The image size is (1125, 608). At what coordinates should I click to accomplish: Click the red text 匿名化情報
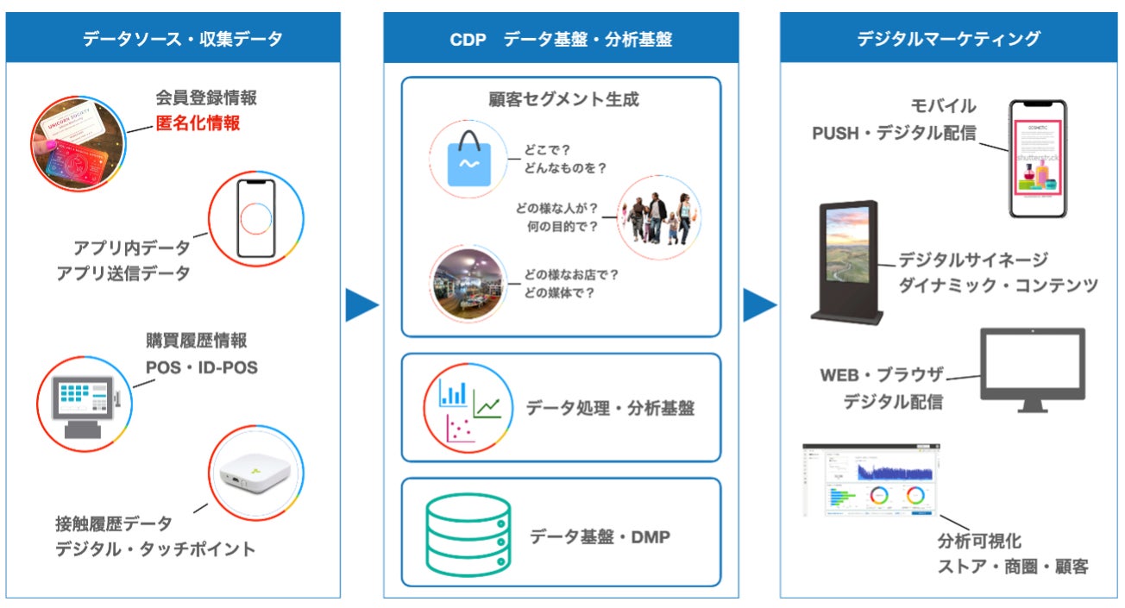(x=198, y=123)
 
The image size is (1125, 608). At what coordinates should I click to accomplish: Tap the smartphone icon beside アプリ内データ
(x=255, y=218)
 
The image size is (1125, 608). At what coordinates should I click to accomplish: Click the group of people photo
(x=658, y=218)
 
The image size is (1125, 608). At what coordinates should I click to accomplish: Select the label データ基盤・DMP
(x=600, y=536)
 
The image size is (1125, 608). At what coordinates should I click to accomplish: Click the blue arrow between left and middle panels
(x=362, y=305)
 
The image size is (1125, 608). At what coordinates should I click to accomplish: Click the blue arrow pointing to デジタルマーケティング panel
(x=759, y=305)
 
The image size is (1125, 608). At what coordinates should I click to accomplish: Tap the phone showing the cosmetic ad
(x=1038, y=159)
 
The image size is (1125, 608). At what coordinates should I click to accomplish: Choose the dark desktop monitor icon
(x=1033, y=369)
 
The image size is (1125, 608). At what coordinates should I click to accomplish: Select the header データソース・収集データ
(x=182, y=39)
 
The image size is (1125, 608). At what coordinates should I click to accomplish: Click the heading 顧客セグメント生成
(x=564, y=99)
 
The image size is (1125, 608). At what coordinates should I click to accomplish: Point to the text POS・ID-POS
(x=201, y=367)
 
